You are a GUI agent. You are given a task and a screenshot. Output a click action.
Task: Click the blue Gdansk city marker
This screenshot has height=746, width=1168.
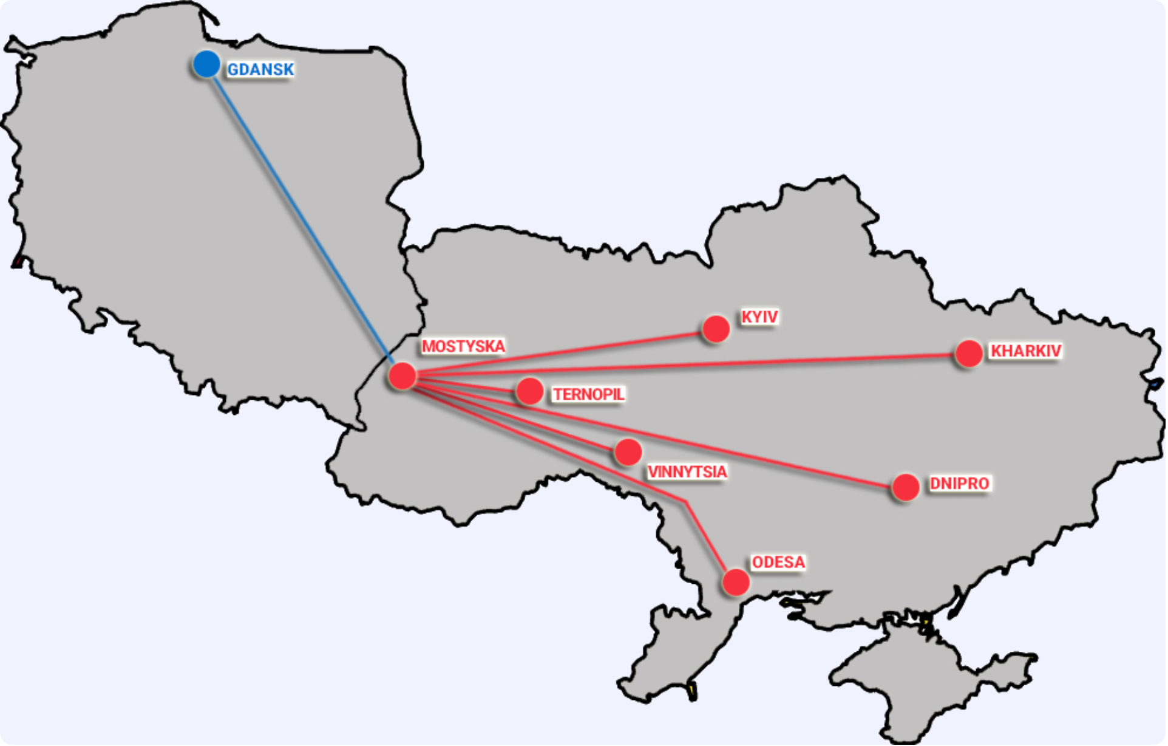207,64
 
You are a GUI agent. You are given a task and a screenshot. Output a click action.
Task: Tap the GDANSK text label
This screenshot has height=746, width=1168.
261,70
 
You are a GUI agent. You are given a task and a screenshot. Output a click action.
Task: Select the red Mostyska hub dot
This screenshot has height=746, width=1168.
402,377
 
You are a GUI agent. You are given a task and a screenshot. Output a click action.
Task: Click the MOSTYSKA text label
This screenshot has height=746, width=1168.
464,347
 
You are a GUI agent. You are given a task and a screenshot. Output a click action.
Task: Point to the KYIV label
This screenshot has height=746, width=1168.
760,317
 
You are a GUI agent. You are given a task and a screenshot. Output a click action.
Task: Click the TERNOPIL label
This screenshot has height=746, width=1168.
589,395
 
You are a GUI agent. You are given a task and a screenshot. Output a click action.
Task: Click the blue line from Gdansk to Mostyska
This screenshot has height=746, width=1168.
304,219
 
